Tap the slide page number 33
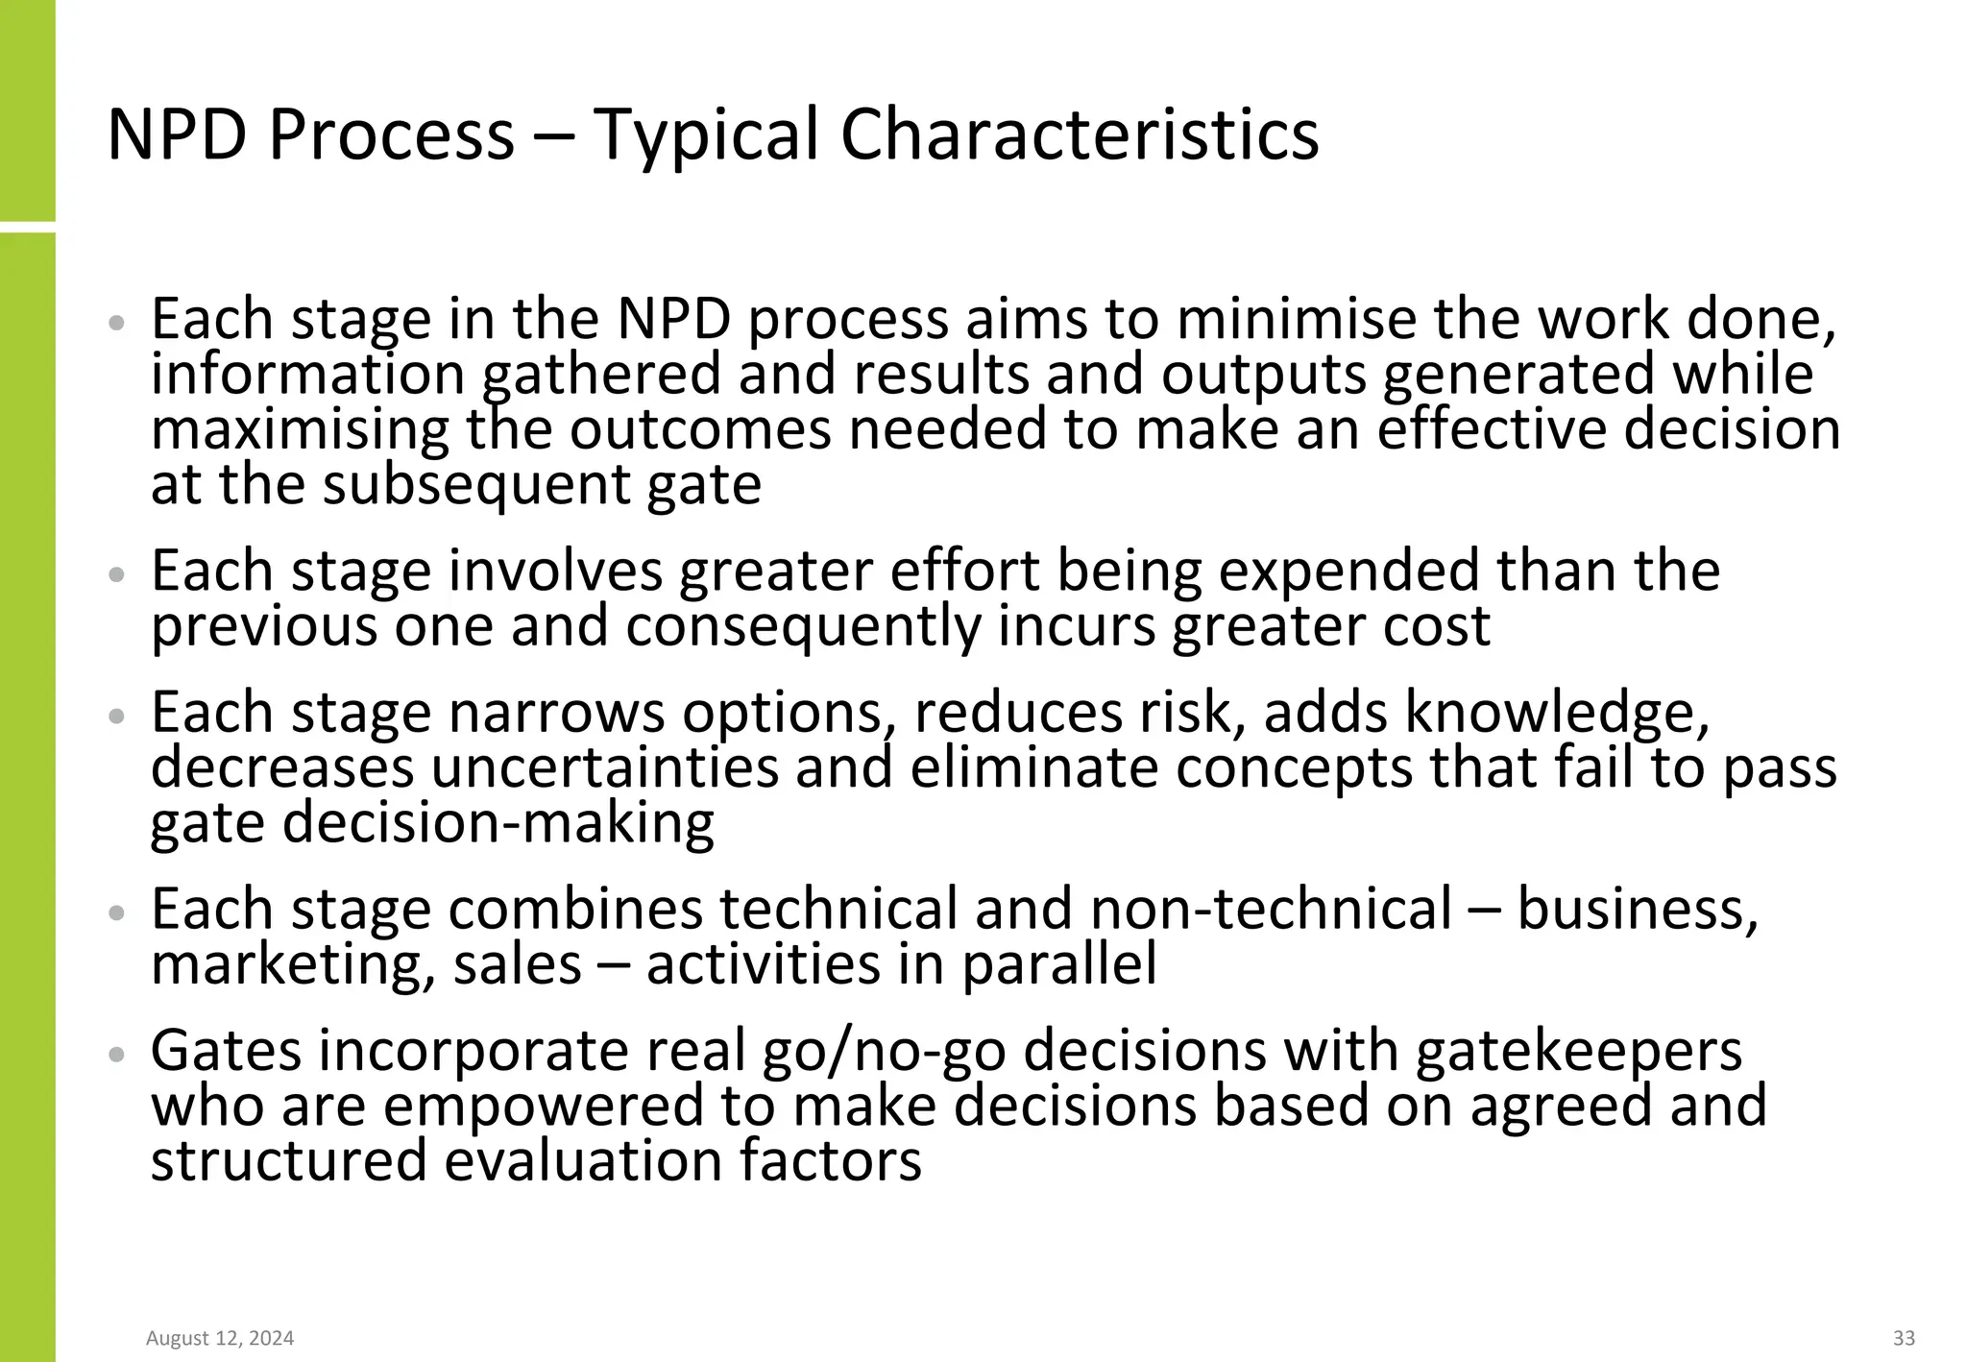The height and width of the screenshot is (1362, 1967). (1903, 1338)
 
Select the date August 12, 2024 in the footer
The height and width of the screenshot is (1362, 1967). (220, 1338)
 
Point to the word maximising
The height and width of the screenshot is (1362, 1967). (300, 429)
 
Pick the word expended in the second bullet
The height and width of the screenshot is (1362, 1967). (1349, 571)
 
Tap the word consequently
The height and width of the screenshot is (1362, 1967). (803, 626)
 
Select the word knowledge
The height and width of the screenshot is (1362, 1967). (1557, 713)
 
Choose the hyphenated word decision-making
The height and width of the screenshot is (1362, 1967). (498, 823)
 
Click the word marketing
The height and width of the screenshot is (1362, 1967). (285, 964)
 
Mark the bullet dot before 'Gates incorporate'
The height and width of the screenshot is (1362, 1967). (117, 1054)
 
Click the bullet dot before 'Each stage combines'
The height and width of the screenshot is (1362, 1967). (117, 912)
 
